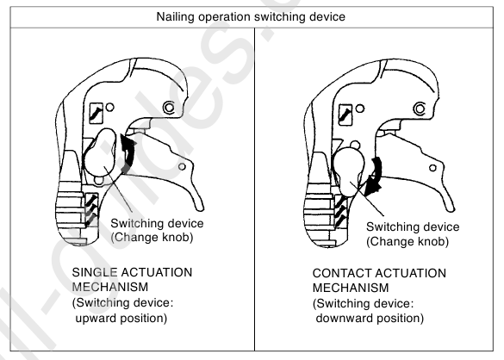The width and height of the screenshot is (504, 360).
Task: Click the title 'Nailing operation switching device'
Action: (252, 13)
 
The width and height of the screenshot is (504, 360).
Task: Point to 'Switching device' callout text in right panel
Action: (410, 226)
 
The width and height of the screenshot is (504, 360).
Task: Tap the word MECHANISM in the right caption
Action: (351, 287)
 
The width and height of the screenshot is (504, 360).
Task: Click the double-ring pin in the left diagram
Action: (167, 108)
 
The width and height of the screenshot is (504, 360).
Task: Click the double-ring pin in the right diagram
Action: (420, 108)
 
